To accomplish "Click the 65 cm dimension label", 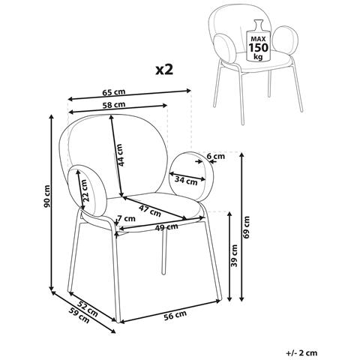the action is point(114,92).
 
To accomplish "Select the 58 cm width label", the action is point(114,105).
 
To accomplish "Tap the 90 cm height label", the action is point(46,196).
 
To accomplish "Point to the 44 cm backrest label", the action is point(120,155).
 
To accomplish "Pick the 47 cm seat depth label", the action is point(150,211).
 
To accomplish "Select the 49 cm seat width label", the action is point(166,227).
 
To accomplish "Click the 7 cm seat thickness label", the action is point(126,219).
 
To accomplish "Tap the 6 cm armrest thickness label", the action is point(216,157).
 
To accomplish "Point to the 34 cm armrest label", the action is point(186,180).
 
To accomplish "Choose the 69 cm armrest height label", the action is point(247,227).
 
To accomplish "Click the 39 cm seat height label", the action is point(234,256).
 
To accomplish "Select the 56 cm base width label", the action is point(175,315).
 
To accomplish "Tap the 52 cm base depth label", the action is point(87,309).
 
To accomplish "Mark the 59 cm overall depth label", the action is point(79,315).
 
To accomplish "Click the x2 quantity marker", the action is point(164,70).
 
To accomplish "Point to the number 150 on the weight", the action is point(258,47).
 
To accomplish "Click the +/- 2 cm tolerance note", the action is point(301,353).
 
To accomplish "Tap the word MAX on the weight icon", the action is point(258,39).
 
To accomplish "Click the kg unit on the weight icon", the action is point(258,57).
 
